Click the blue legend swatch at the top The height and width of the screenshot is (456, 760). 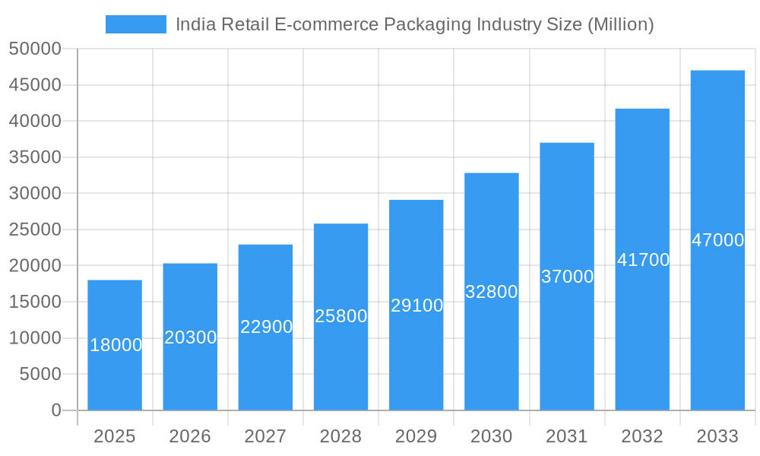point(136,24)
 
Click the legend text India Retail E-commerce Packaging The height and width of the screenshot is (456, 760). point(414,24)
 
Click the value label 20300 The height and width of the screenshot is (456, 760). point(191,337)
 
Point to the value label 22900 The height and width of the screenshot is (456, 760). point(266,327)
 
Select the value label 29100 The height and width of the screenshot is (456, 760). point(416,306)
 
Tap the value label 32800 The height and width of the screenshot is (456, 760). point(492,292)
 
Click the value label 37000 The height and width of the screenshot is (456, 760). point(567,277)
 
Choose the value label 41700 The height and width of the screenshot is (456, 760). point(643,260)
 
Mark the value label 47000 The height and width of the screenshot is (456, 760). point(717,240)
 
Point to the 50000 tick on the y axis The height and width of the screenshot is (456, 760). point(34,49)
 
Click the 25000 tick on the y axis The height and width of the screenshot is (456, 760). point(34,230)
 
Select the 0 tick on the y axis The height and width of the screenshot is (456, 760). point(55,410)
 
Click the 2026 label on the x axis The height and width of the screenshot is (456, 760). point(190,436)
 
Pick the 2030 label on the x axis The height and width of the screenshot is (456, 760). point(492,436)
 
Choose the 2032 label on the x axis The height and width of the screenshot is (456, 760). point(642,436)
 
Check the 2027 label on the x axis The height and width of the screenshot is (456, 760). point(265,436)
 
